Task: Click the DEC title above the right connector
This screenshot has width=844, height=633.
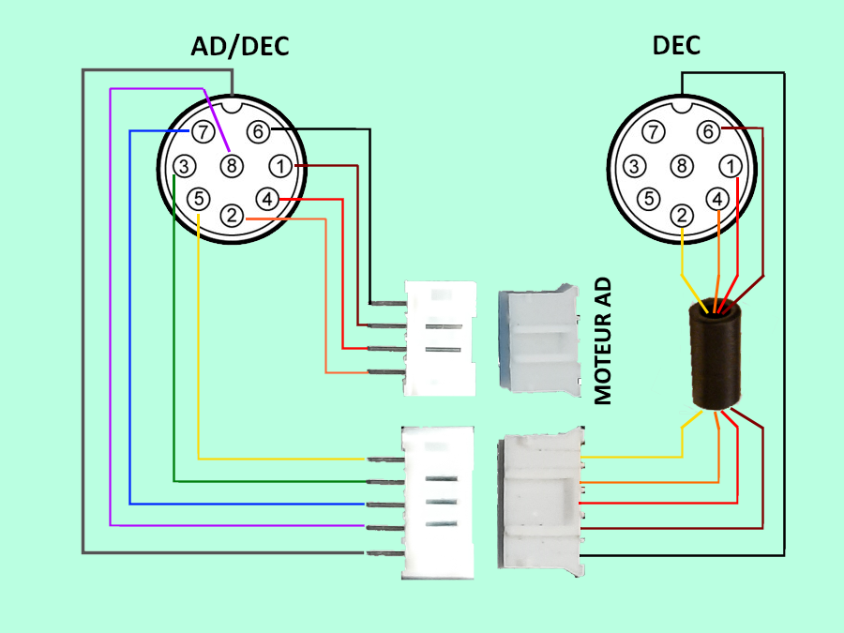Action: click(x=675, y=44)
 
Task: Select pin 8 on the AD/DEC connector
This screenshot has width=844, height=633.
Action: click(x=232, y=166)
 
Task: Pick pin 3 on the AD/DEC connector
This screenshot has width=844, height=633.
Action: click(x=185, y=167)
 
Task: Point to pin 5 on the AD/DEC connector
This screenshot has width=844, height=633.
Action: click(x=198, y=199)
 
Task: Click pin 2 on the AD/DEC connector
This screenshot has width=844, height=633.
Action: click(x=232, y=215)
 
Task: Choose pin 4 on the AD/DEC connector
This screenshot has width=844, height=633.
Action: click(x=267, y=199)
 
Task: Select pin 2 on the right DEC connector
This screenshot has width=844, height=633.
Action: click(x=683, y=215)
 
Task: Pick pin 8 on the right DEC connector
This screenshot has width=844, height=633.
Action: click(x=683, y=166)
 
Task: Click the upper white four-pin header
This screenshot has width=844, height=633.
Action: click(x=439, y=338)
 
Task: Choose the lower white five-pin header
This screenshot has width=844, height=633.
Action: click(x=437, y=503)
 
